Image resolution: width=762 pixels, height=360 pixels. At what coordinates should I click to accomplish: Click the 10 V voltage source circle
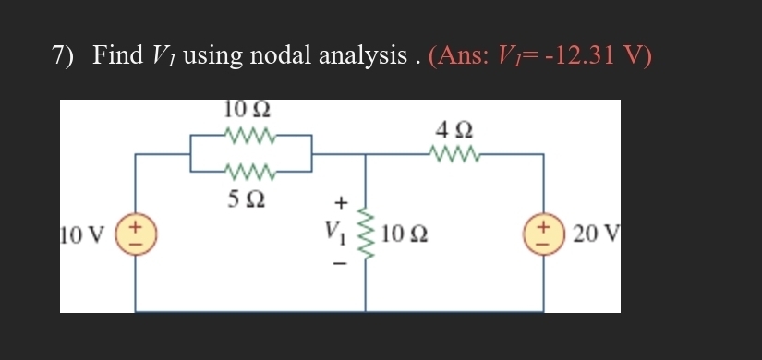click(x=136, y=231)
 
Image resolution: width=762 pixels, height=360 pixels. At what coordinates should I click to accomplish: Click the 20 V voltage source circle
click(x=543, y=231)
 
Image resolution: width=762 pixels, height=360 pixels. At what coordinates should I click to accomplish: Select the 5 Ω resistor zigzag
click(x=249, y=171)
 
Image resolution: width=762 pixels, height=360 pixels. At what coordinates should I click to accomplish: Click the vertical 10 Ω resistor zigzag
click(x=365, y=233)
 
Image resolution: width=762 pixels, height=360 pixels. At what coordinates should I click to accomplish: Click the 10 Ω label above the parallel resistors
click(x=247, y=109)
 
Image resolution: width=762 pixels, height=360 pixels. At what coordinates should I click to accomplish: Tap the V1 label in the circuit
click(x=338, y=231)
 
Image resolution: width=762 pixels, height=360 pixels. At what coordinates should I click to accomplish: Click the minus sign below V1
click(x=340, y=263)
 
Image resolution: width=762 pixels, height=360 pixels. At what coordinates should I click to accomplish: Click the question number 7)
click(x=63, y=55)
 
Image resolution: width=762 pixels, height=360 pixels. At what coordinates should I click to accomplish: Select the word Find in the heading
click(x=117, y=55)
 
